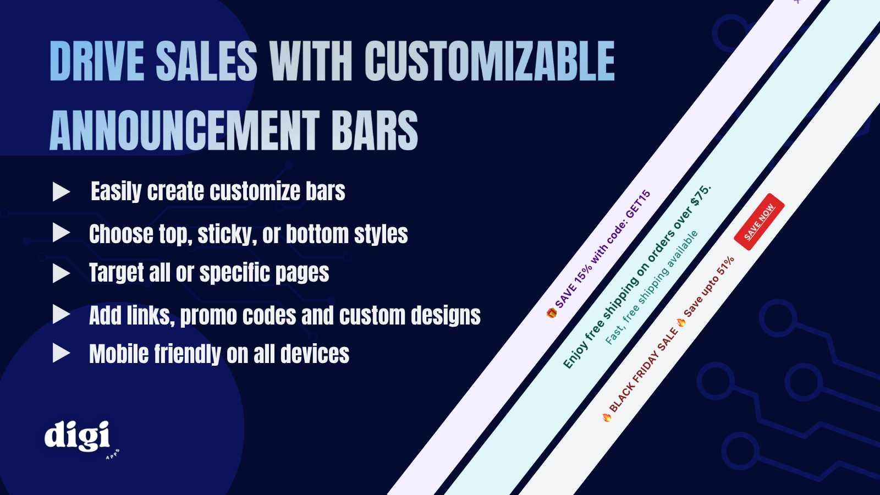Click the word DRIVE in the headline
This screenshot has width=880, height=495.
pyautogui.click(x=97, y=61)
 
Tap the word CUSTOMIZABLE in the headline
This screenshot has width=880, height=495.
pyautogui.click(x=490, y=61)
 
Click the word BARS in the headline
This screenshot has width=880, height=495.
pyautogui.click(x=375, y=130)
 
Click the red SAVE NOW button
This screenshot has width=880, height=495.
pyautogui.click(x=759, y=222)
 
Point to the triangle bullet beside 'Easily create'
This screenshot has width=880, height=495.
pyautogui.click(x=61, y=192)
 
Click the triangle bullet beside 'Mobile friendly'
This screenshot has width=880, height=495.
pyautogui.click(x=61, y=353)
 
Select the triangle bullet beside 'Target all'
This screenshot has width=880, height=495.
pyautogui.click(x=61, y=273)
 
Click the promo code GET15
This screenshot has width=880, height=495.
pyautogui.click(x=638, y=204)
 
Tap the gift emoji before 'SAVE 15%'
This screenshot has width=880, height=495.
pyautogui.click(x=552, y=313)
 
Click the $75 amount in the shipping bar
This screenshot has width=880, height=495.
pyautogui.click(x=701, y=195)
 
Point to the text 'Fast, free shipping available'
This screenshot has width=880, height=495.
pyautogui.click(x=652, y=288)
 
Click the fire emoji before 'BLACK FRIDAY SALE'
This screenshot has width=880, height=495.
pyautogui.click(x=607, y=417)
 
